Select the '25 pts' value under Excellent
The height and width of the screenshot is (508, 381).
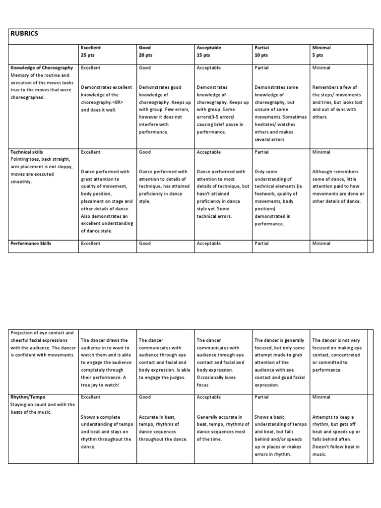point(88,55)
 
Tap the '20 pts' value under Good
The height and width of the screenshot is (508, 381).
point(145,55)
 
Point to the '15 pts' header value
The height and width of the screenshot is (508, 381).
point(203,55)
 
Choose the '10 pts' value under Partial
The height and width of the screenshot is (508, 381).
point(261,55)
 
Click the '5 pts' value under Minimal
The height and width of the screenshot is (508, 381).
point(317,55)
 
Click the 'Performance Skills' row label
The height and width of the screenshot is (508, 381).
point(31,244)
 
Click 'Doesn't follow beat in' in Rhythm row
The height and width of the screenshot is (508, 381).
point(336,447)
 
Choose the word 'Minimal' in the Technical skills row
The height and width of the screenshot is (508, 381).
point(321,152)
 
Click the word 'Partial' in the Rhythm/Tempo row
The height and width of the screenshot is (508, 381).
point(261,397)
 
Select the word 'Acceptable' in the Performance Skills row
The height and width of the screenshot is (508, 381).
point(209,244)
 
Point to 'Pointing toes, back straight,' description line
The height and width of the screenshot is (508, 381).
point(42,159)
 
